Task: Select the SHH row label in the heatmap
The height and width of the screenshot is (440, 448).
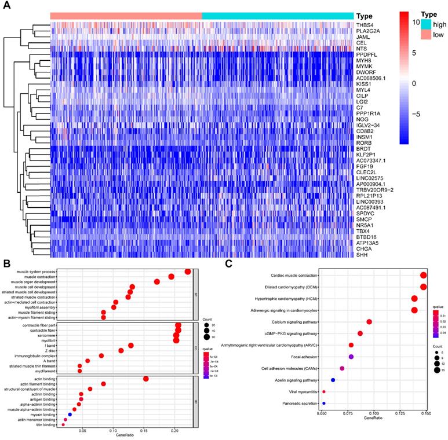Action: point(363,254)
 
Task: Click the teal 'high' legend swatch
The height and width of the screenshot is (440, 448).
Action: point(426,24)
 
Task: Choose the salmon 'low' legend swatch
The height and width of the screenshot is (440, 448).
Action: point(426,35)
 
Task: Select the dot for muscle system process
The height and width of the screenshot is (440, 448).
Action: point(188,272)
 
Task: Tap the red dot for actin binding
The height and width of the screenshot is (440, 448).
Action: point(146,379)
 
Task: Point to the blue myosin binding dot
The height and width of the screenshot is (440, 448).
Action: point(70,414)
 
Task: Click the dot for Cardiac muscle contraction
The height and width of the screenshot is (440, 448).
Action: point(424,276)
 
